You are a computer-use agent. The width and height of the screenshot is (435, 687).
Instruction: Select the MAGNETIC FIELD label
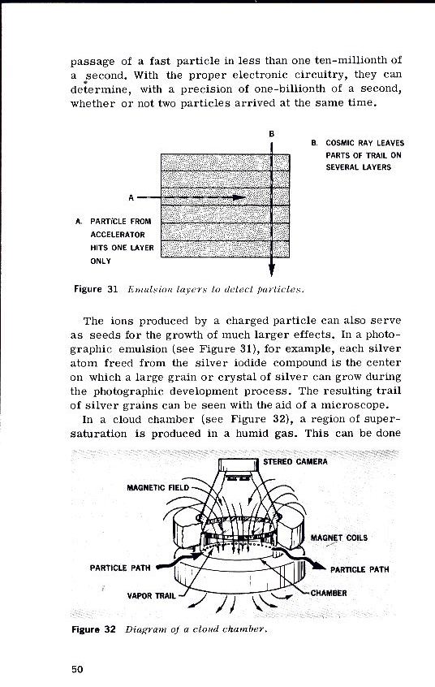(x=158, y=487)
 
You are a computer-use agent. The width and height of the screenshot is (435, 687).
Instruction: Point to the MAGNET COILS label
(x=339, y=537)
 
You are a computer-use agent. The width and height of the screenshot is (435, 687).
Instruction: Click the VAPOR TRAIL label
(x=153, y=594)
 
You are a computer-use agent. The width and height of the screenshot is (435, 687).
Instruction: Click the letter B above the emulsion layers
(x=271, y=132)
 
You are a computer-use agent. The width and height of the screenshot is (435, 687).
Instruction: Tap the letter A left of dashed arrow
(x=131, y=197)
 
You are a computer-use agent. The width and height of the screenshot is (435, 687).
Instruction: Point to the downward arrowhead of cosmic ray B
(x=271, y=272)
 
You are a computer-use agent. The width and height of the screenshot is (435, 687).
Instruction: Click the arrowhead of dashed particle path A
(x=239, y=197)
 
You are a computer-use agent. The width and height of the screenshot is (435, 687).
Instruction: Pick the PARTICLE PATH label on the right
(x=360, y=569)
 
